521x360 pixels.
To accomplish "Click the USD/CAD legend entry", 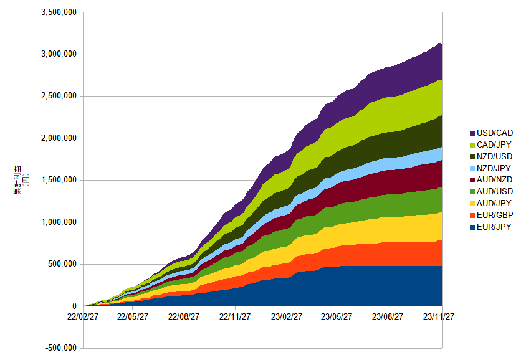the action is click(x=491, y=133).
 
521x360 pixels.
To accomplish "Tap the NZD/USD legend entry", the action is click(x=491, y=157).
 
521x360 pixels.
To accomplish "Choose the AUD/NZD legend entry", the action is click(x=491, y=179).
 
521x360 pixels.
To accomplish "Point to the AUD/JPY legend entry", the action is click(x=490, y=203).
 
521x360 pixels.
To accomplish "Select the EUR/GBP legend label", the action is click(x=495, y=216).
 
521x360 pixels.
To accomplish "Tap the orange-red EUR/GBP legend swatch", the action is click(x=472, y=216).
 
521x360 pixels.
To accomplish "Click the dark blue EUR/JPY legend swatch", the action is click(x=472, y=227).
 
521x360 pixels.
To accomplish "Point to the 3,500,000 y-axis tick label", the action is click(x=59, y=12).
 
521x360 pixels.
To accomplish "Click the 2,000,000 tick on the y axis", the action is click(x=59, y=138).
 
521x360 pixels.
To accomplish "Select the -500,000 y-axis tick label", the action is click(x=61, y=348).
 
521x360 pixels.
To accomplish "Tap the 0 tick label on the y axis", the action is click(x=74, y=306).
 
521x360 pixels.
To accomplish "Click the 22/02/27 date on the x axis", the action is click(x=83, y=316).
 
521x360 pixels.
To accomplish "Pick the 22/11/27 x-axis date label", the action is click(x=235, y=316).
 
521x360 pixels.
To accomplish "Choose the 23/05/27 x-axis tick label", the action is click(x=337, y=316).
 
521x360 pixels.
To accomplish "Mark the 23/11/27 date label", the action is click(x=439, y=316).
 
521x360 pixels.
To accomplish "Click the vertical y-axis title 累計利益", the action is click(x=17, y=179).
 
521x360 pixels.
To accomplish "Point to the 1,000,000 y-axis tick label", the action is click(x=59, y=222).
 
